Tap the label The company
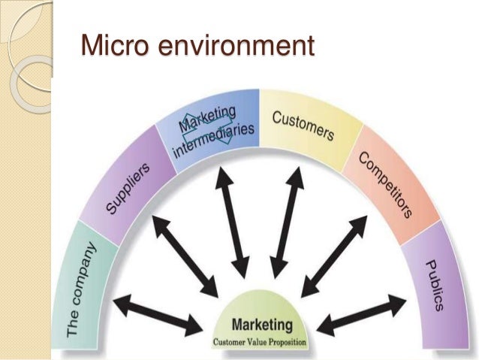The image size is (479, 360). [82, 289]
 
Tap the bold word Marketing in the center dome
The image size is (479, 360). [261, 325]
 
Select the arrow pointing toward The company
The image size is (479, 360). [158, 314]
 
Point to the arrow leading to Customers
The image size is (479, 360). [288, 221]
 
